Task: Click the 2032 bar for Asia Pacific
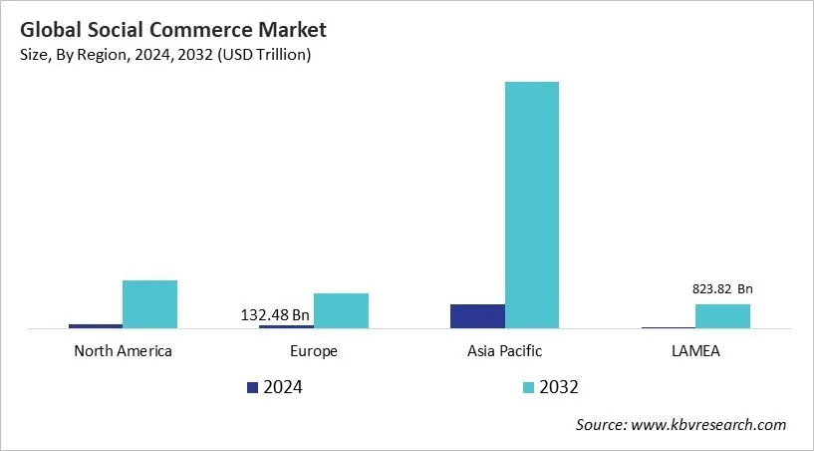point(531,205)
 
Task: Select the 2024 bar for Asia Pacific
point(477,316)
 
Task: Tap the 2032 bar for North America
point(149,304)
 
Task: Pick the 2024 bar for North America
point(96,325)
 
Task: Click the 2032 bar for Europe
point(341,310)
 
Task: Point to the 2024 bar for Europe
point(286,326)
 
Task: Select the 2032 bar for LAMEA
point(722,316)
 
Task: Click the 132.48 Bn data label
point(275,314)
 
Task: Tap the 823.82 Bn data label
point(722,289)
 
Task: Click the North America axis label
point(123,351)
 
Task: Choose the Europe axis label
point(314,351)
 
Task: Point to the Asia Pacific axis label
point(504,351)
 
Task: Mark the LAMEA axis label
point(695,351)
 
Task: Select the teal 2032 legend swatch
point(528,387)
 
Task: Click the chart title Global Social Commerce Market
point(164,30)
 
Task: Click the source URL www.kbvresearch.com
point(709,425)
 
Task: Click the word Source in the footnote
point(601,425)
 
